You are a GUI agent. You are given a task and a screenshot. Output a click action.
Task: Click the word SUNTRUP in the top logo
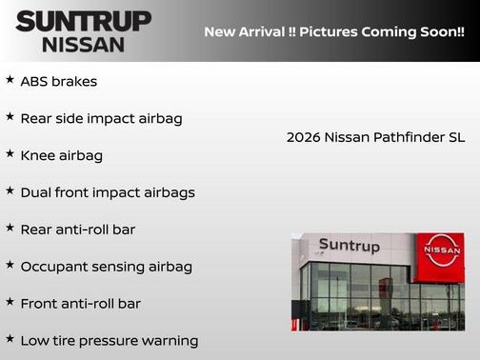pyautogui.click(x=83, y=21)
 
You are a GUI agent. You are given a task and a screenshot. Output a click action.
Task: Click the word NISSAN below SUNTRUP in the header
pyautogui.click(x=83, y=45)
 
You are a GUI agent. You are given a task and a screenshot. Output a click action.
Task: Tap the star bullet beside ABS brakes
pyautogui.click(x=10, y=80)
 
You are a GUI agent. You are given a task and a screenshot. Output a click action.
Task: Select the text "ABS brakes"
pyautogui.click(x=58, y=82)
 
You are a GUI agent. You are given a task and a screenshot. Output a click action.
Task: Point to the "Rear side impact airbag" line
pyautogui.click(x=101, y=119)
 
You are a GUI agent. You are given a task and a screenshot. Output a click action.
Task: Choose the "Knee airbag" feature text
pyautogui.click(x=61, y=155)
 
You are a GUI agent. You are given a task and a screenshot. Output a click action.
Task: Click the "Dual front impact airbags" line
pyautogui.click(x=108, y=192)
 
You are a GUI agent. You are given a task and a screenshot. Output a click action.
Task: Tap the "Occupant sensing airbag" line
pyautogui.click(x=106, y=267)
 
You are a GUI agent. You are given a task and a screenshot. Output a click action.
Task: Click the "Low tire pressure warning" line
pyautogui.click(x=109, y=341)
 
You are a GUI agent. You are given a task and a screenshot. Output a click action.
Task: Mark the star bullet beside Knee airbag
pyautogui.click(x=10, y=153)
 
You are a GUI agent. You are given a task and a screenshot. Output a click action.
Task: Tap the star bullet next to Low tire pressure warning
pyautogui.click(x=10, y=339)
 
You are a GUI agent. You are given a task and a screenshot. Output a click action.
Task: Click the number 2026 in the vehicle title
pyautogui.click(x=304, y=138)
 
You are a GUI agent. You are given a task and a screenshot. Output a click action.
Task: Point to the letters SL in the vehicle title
pyautogui.click(x=456, y=138)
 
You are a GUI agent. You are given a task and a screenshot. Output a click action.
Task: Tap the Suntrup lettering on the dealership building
pyautogui.click(x=349, y=247)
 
